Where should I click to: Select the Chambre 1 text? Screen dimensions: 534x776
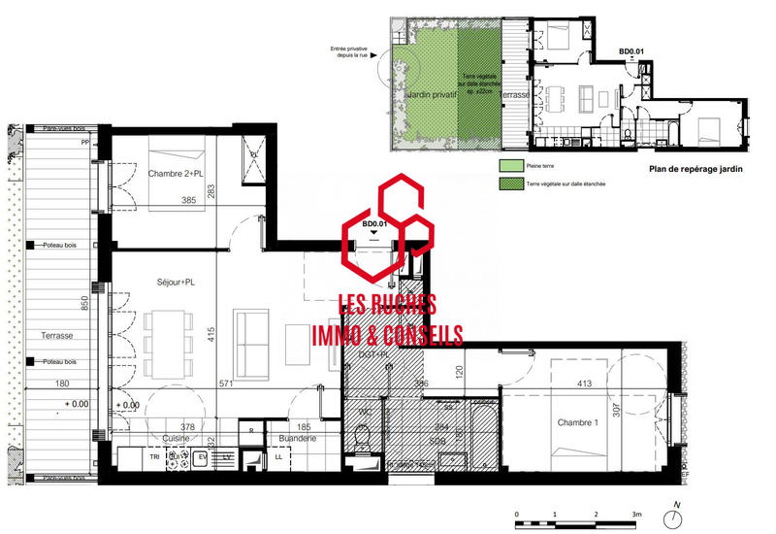[x=578, y=422]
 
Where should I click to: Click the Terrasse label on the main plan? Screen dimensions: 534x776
[x=57, y=335]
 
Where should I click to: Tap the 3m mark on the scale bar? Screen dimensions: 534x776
[x=637, y=515]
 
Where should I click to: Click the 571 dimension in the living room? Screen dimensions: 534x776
[x=229, y=384]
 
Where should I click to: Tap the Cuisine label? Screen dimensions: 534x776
[x=148, y=438]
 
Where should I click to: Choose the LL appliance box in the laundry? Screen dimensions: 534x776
[x=279, y=456]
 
